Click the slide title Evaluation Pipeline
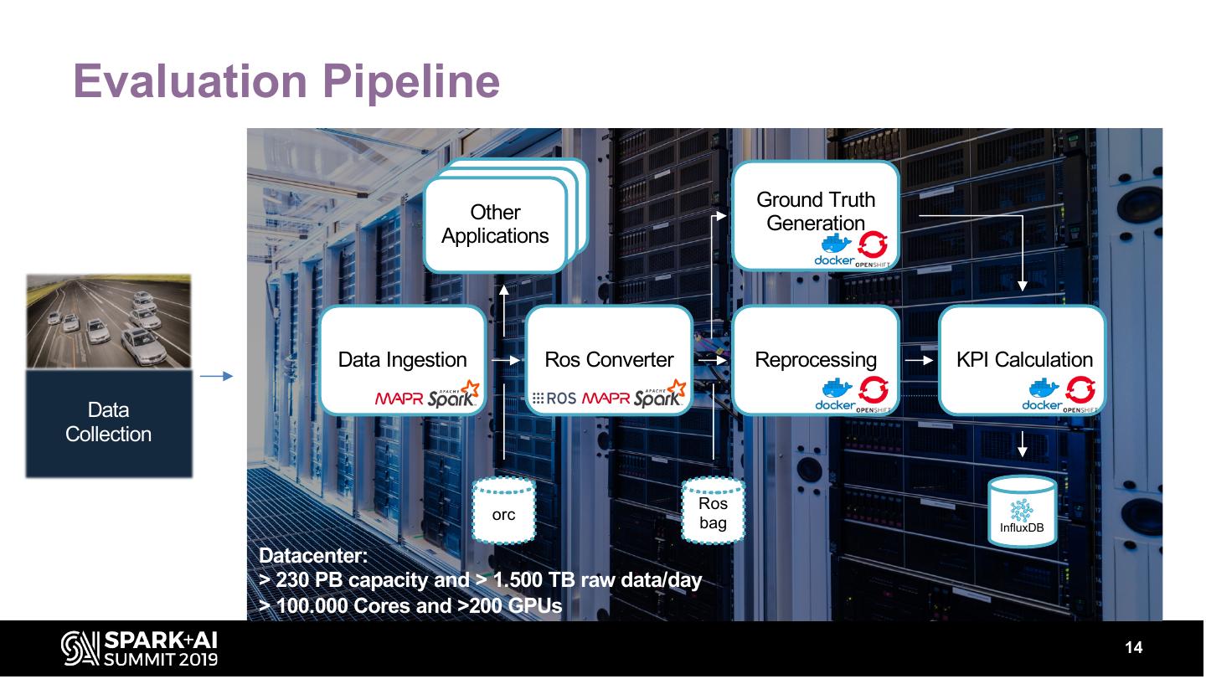pyautogui.click(x=286, y=81)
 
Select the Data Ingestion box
pyautogui.click(x=403, y=360)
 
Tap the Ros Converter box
pyautogui.click(x=609, y=360)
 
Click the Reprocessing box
pyautogui.click(x=816, y=360)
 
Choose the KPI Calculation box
pyautogui.click(x=1023, y=360)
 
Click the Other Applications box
pyautogui.click(x=495, y=224)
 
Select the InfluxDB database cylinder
pyautogui.click(x=1022, y=512)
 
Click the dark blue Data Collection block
pyautogui.click(x=109, y=423)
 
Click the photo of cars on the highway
pyautogui.click(x=109, y=321)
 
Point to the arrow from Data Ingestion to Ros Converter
pyautogui.click(x=505, y=360)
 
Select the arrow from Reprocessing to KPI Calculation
pyautogui.click(x=919, y=360)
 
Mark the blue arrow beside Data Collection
pyautogui.click(x=216, y=377)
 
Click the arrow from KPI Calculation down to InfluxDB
pyautogui.click(x=1022, y=444)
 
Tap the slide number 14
pyautogui.click(x=1134, y=648)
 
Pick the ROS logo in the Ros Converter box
pyautogui.click(x=554, y=399)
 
